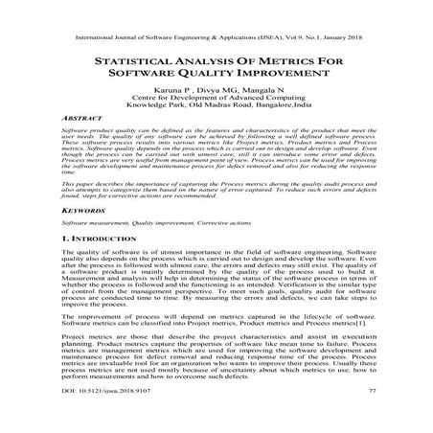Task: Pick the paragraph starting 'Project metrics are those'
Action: point(216,374)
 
